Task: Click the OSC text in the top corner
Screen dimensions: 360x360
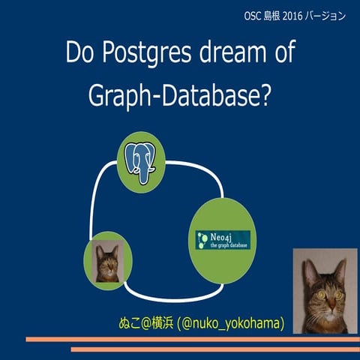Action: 254,15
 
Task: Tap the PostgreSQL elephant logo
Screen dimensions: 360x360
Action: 140,158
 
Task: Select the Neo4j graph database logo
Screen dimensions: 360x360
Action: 222,240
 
